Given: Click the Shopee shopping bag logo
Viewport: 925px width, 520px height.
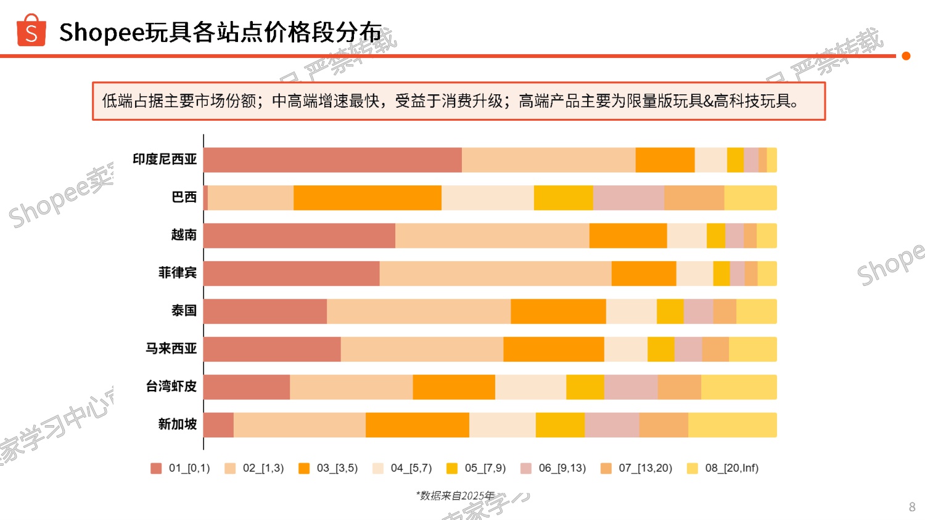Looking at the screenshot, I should pyautogui.click(x=31, y=31).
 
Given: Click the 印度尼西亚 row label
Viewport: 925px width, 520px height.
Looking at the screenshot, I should pyautogui.click(x=165, y=159).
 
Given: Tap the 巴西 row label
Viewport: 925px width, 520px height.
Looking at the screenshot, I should pyautogui.click(x=184, y=197).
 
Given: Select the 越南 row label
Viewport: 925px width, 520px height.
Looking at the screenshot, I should pyautogui.click(x=184, y=235).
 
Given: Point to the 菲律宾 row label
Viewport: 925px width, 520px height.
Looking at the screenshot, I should pyautogui.click(x=178, y=272).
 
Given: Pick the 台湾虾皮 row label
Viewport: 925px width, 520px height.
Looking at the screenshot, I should pyautogui.click(x=171, y=386).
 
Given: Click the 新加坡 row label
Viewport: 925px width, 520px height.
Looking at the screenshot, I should pyautogui.click(x=178, y=424).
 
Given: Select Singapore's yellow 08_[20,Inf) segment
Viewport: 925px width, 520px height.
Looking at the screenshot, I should pyautogui.click(x=732, y=425).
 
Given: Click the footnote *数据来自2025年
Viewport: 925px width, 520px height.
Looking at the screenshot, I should pyautogui.click(x=455, y=495).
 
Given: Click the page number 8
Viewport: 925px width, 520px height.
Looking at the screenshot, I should pyautogui.click(x=912, y=507).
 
